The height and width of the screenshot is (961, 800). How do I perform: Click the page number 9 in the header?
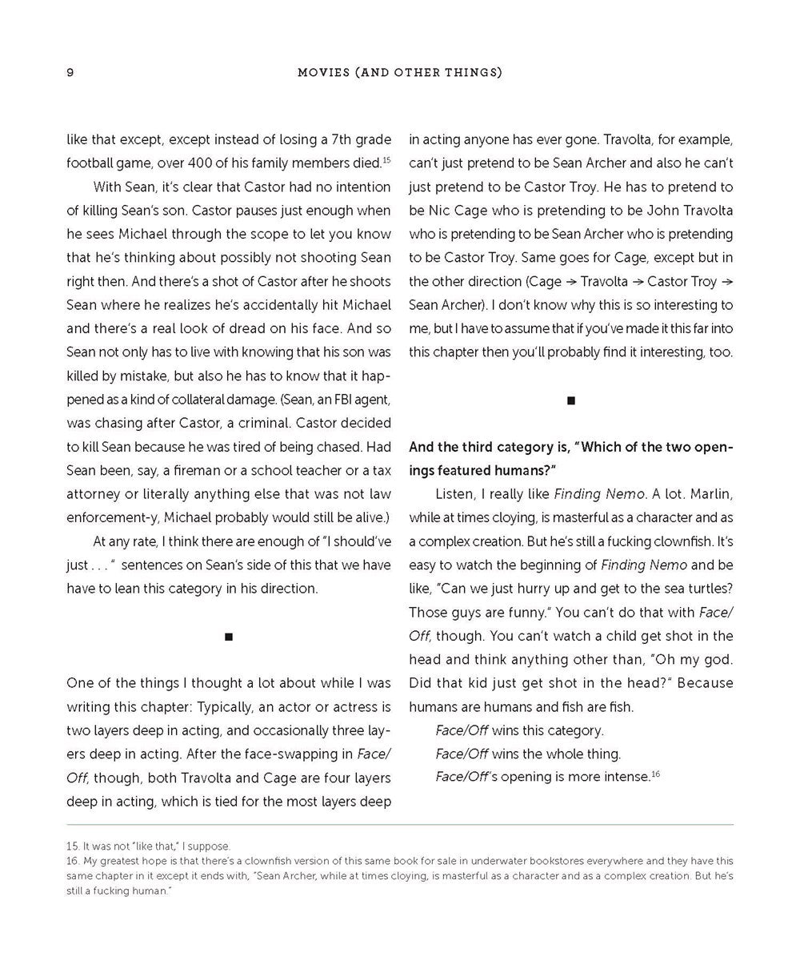point(70,73)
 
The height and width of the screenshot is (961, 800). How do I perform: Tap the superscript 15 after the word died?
point(386,160)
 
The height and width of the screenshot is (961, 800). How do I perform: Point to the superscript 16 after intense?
point(655,774)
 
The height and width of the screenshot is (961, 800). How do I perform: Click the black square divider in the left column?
point(229,637)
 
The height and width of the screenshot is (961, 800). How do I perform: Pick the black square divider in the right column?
point(571,400)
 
